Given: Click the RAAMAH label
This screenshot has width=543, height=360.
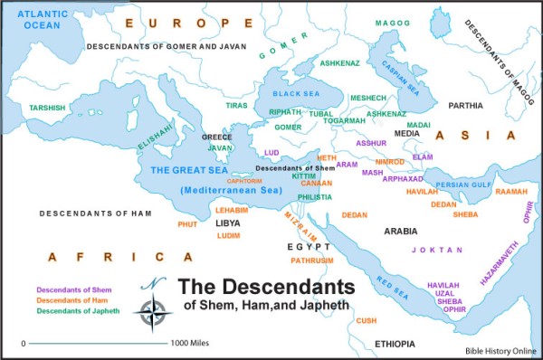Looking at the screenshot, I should [x=511, y=192].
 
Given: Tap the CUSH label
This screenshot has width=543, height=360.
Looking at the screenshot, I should [x=366, y=320].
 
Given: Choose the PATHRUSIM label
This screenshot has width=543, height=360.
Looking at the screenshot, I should [x=312, y=260].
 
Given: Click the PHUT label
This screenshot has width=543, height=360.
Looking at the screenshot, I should [x=187, y=223].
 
